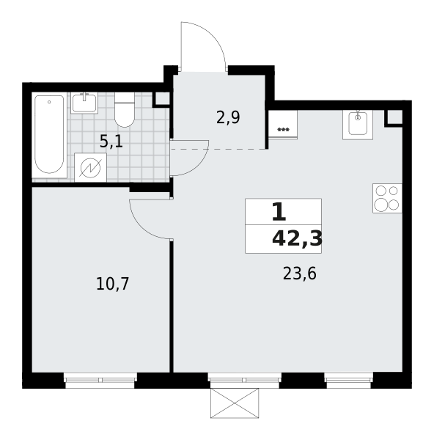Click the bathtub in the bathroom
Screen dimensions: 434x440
tap(50, 135)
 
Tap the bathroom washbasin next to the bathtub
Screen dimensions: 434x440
tap(84, 103)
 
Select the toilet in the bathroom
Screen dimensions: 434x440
tap(125, 110)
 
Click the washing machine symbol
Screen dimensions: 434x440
tap(90, 168)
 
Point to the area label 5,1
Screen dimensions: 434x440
tap(111, 142)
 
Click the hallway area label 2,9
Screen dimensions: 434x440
tap(228, 117)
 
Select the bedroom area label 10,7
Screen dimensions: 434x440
tap(112, 284)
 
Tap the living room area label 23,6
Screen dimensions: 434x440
tap(300, 274)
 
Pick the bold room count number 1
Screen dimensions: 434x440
tap(279, 212)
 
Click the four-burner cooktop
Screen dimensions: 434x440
tap(387, 198)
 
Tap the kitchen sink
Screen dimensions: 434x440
tap(358, 125)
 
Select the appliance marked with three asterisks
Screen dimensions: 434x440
tap(283, 124)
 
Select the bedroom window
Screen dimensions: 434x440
tap(100, 380)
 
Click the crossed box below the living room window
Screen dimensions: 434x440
tap(235, 403)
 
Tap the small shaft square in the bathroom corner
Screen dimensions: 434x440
tap(161, 99)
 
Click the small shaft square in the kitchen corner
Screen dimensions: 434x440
tap(394, 117)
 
